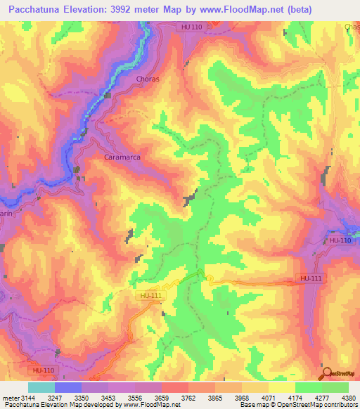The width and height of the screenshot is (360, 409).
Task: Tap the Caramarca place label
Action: [123, 157]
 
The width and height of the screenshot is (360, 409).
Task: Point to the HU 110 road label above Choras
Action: [191, 27]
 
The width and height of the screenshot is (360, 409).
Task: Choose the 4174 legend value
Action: [310, 397]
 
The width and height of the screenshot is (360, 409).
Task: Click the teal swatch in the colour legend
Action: [41, 387]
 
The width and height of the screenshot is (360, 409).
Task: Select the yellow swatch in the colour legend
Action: [282, 387]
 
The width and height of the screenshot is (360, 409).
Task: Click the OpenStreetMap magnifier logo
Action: [327, 373]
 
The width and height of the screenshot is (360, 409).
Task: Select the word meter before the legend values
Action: [12, 397]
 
